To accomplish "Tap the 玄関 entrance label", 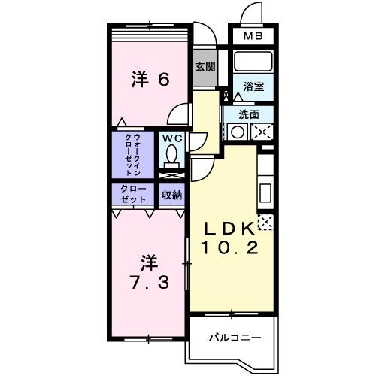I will (205, 66).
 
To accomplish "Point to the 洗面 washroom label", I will (249, 114).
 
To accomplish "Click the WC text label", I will (171, 138).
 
